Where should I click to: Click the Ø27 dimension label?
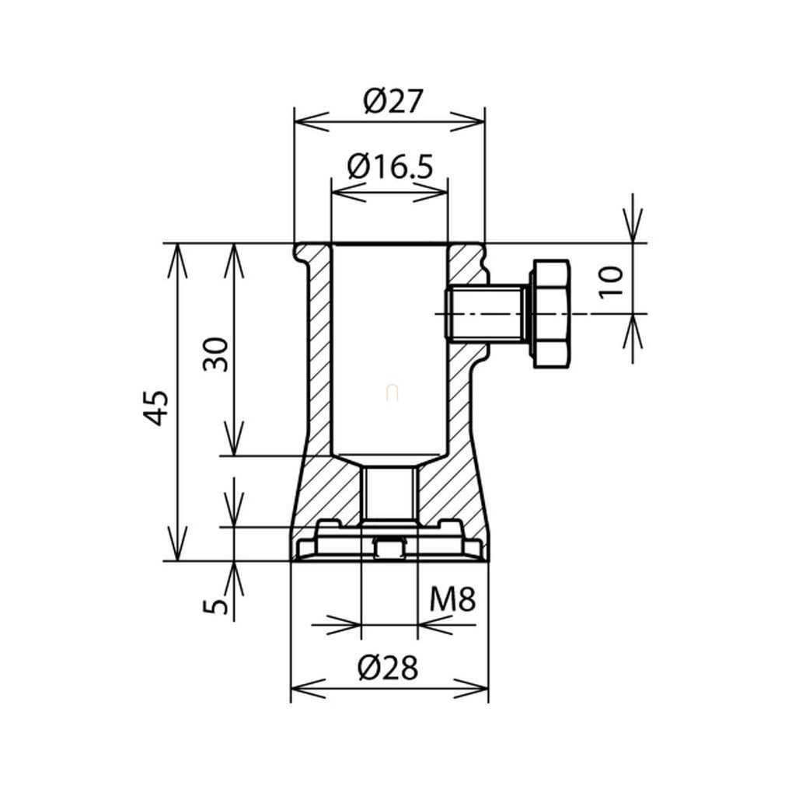coord(393,102)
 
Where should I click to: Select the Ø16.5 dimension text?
coord(389,166)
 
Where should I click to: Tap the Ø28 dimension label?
coord(388,668)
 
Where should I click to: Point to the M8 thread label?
coord(452,598)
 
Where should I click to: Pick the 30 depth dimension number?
coord(215,354)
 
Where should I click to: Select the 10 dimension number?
coord(610,282)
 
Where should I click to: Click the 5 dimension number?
coord(215,607)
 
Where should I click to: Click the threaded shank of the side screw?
coord(485,314)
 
